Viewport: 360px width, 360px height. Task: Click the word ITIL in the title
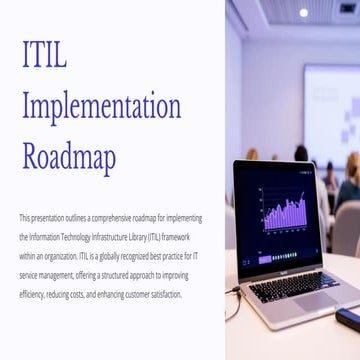[x=44, y=55]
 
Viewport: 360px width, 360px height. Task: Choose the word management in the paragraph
[x=62, y=275]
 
